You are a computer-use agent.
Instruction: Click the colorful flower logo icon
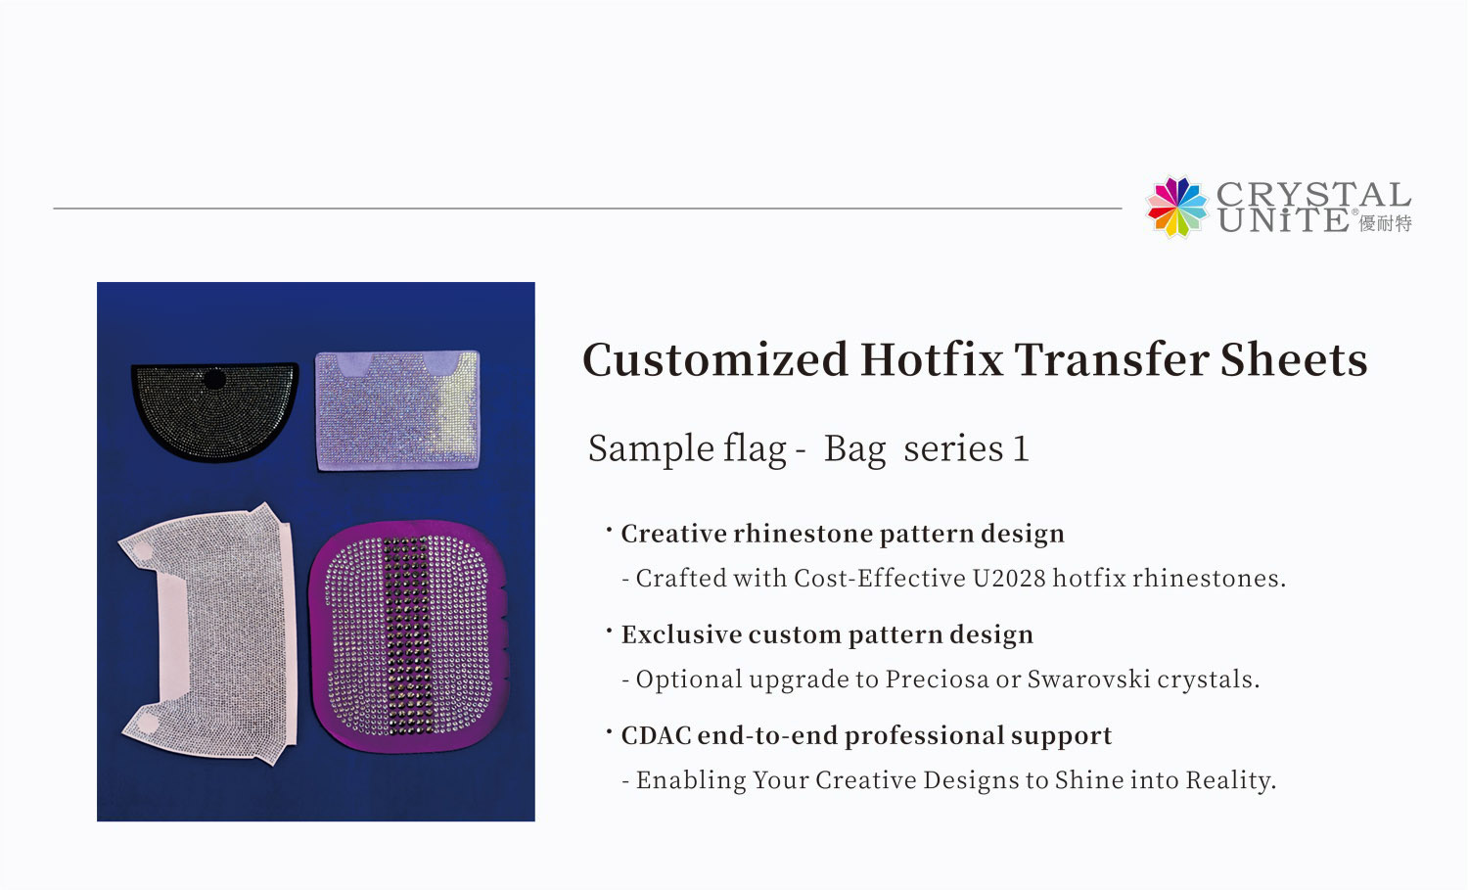(1177, 207)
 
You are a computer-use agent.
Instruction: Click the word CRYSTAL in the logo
(1313, 194)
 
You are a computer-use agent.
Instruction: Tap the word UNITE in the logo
(1283, 220)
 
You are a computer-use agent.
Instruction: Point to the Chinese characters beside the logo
(1386, 223)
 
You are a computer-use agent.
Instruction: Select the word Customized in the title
(714, 359)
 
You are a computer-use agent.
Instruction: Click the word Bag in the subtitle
(854, 449)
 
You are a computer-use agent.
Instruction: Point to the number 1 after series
(1020, 449)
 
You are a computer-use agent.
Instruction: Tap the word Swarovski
(1088, 679)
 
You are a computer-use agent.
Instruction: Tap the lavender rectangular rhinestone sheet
(397, 410)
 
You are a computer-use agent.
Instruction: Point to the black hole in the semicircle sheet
(214, 379)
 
